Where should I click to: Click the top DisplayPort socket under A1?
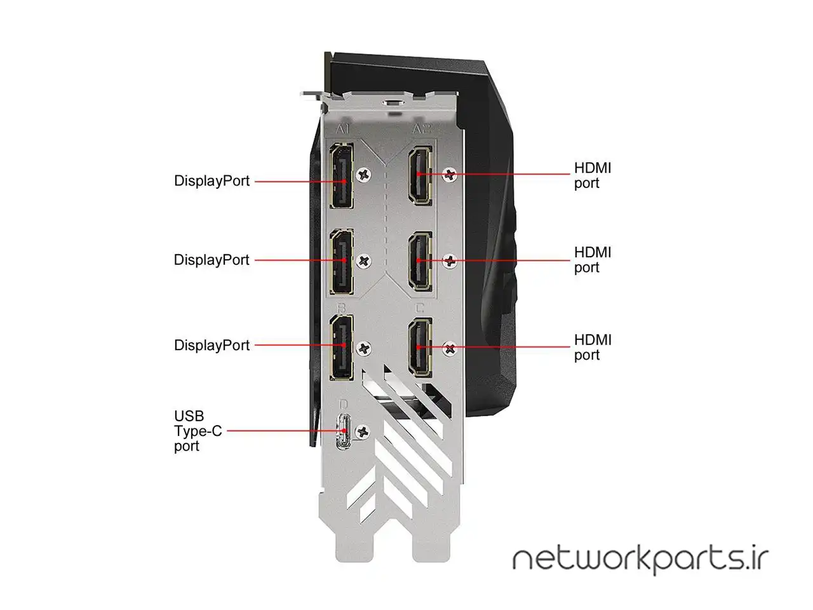pos(342,175)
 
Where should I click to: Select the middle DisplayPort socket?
pos(342,262)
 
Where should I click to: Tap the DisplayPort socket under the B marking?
pos(342,348)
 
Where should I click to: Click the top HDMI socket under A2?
pos(420,175)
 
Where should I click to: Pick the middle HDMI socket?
pos(420,262)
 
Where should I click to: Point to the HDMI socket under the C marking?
pos(420,348)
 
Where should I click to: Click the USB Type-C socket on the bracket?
pos(344,431)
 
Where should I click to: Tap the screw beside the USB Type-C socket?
pos(363,432)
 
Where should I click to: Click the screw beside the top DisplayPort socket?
pos(364,175)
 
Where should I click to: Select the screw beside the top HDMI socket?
pos(450,175)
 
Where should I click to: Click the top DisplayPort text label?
pos(212,181)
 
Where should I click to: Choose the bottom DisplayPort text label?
pos(212,345)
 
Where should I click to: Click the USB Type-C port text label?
pos(198,431)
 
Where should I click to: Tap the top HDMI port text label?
pos(593,175)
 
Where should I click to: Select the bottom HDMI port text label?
pos(593,347)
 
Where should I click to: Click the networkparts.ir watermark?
pos(640,560)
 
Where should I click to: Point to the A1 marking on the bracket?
pos(342,129)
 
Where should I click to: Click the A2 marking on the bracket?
pos(422,129)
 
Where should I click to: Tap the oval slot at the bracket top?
pos(394,102)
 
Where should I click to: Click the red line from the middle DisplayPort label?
pos(300,261)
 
